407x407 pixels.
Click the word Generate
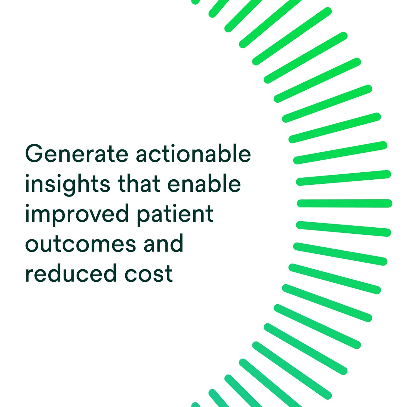click(77, 153)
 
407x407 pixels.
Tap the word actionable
click(193, 153)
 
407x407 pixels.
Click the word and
click(163, 243)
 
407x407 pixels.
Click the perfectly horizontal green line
click(344, 203)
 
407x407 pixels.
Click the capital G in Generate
click(34, 153)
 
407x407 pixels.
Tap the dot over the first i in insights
click(27, 176)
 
